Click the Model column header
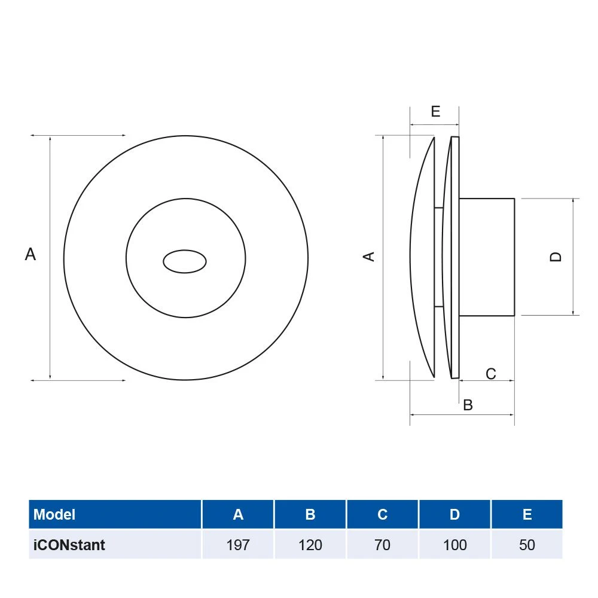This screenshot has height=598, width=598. coord(54,514)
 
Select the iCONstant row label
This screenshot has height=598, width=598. coord(69,545)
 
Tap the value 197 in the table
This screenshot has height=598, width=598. coord(238,545)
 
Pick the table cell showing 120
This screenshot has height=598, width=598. coord(310,545)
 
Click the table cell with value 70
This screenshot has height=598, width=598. coord(383,545)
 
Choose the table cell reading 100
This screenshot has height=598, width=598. coord(455,545)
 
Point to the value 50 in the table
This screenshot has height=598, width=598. coord(527,545)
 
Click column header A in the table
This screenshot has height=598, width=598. coord(238,514)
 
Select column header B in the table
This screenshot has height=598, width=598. coord(310,514)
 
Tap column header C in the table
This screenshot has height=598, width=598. coord(383,514)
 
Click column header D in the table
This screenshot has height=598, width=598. coord(455,514)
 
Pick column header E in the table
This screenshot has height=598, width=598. coord(527,514)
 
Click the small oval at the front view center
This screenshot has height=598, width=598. coord(185,261)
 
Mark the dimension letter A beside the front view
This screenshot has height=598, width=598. coord(30,255)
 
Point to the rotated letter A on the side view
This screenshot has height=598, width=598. coord(370,256)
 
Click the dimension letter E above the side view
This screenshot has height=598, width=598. coord(435,111)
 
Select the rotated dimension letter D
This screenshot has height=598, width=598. coord(556,257)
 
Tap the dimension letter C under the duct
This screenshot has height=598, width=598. coord(490,374)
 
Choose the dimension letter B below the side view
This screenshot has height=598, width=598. coord(468,405)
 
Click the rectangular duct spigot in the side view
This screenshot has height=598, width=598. coord(486,257)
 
